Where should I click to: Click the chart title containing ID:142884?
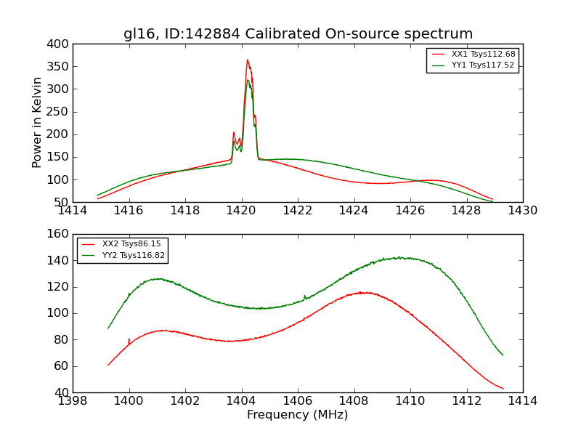click(x=298, y=34)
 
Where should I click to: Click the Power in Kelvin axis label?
click(x=37, y=123)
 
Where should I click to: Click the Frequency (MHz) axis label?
click(x=297, y=415)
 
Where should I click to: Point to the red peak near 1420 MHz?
click(x=247, y=60)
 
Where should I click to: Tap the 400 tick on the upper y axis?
click(x=60, y=44)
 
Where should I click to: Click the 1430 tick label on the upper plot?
click(x=522, y=210)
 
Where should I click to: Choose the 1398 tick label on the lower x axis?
click(x=73, y=400)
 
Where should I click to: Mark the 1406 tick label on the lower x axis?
click(x=297, y=400)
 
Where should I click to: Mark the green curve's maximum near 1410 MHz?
click(x=399, y=257)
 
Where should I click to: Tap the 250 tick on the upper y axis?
click(x=60, y=112)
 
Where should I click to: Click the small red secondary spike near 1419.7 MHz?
click(x=233, y=133)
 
